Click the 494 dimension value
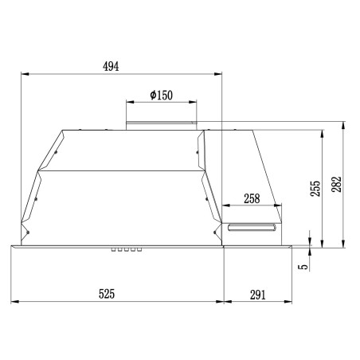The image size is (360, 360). (x=111, y=66)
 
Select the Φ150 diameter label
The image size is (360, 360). (x=161, y=95)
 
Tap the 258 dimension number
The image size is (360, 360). (x=252, y=198)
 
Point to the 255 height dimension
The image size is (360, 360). (x=315, y=189)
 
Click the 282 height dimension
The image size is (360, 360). (x=336, y=184)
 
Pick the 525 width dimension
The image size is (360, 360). (x=107, y=294)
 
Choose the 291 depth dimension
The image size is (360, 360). (x=257, y=295)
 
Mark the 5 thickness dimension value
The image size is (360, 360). (x=303, y=266)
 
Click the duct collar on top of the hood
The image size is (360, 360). (x=162, y=126)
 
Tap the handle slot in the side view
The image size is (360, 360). (x=252, y=228)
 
